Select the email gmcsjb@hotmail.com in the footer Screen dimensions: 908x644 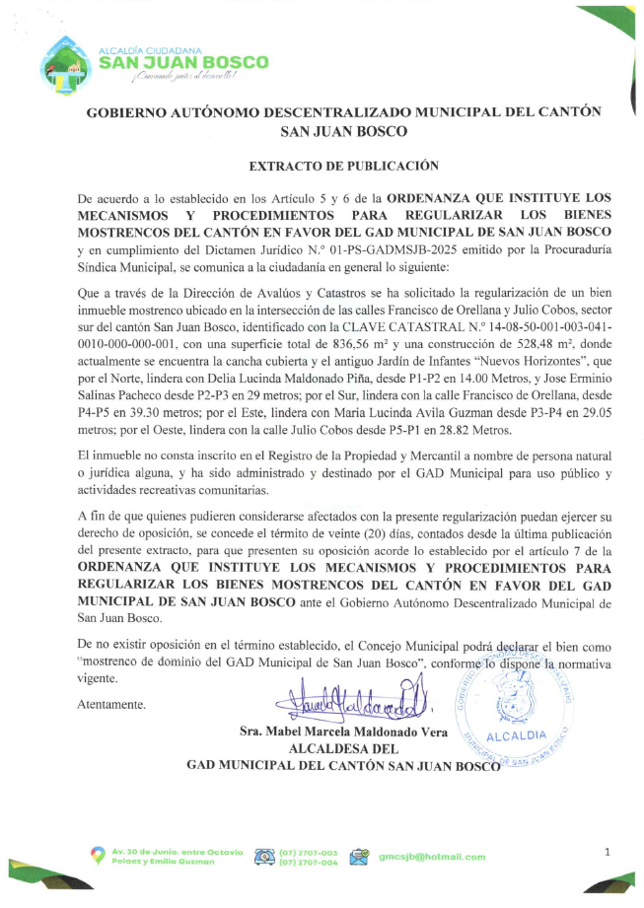tap(432, 857)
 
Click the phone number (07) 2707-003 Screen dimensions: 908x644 tap(309, 852)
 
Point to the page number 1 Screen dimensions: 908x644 tap(608, 851)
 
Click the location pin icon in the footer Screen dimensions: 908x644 tap(98, 855)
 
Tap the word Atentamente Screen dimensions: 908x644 tap(111, 705)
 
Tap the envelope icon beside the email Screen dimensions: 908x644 tap(359, 857)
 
